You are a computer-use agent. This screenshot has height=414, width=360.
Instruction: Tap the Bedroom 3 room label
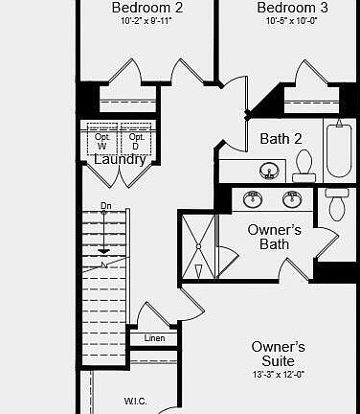point(293,9)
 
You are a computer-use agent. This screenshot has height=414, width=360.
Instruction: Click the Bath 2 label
point(281,139)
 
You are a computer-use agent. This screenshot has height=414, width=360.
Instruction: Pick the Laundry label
point(120,159)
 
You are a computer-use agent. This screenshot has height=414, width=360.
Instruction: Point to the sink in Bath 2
point(269,172)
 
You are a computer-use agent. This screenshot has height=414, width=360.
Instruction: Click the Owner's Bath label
point(274,237)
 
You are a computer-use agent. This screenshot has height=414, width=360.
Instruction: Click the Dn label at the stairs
point(105,207)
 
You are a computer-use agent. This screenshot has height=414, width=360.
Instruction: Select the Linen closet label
point(154,338)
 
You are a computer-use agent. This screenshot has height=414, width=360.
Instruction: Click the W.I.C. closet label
point(135,401)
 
